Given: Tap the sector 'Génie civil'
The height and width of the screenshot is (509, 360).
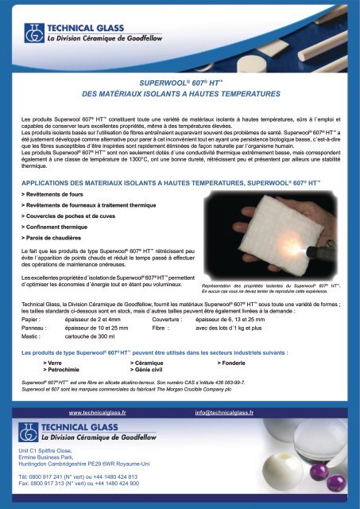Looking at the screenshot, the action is [x=145, y=370].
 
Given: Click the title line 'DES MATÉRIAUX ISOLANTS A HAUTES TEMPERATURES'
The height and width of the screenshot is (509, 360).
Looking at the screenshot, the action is [x=179, y=94].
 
